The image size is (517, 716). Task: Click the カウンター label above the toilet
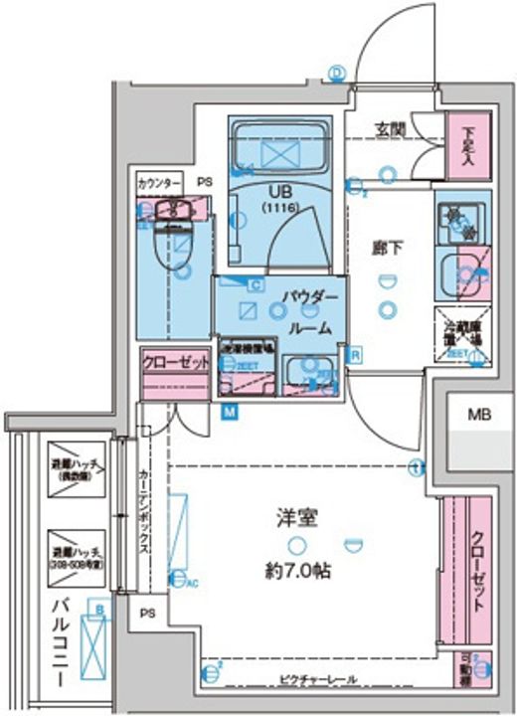(x=159, y=184)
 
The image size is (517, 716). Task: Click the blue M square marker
(x=229, y=411)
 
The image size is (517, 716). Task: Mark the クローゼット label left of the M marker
(x=176, y=363)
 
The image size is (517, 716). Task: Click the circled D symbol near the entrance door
(x=336, y=73)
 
